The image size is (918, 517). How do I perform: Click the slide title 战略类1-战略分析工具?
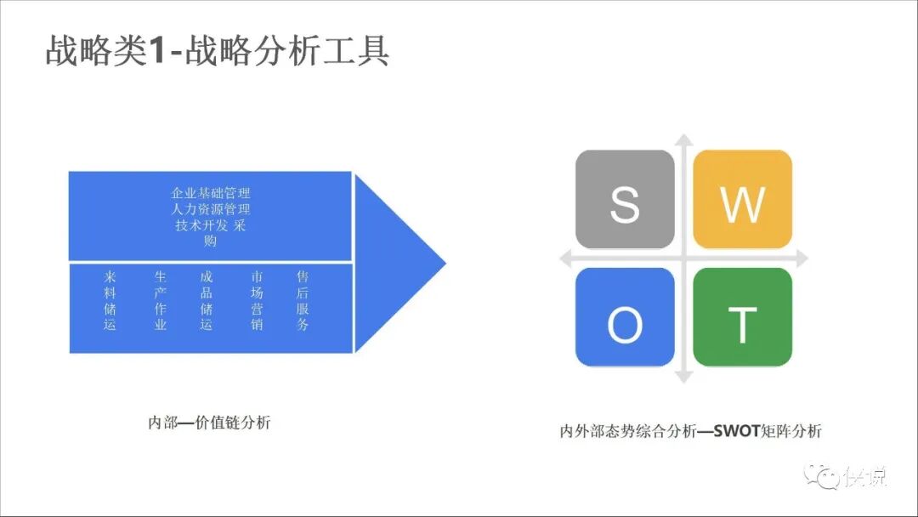click(218, 50)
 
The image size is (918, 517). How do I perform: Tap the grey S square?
click(625, 200)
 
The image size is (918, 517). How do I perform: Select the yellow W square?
click(743, 200)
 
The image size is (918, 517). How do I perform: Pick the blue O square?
click(625, 317)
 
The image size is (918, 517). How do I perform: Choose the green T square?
click(743, 317)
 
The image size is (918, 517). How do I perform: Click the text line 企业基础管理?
click(210, 193)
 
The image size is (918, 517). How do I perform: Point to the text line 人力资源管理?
click(210, 209)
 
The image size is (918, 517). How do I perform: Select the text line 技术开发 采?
click(210, 225)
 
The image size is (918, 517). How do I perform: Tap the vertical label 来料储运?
click(110, 301)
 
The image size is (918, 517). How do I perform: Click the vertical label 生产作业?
click(161, 301)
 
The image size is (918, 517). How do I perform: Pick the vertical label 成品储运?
click(207, 301)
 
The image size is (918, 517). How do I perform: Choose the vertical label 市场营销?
click(257, 301)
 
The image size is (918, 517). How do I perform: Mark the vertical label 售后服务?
click(303, 301)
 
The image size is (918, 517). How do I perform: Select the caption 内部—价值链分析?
click(209, 423)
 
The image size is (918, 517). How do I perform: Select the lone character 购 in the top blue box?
click(210, 241)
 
